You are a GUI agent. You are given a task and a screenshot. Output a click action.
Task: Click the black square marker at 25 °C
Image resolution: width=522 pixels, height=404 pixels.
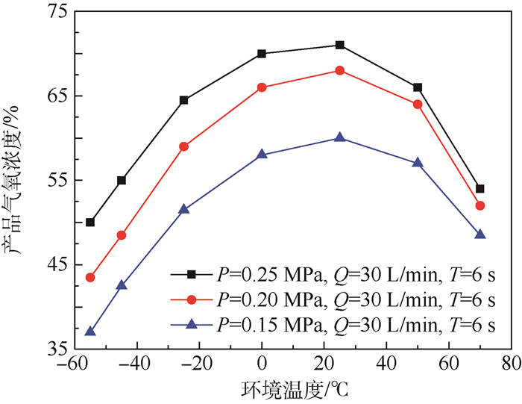(x=340, y=46)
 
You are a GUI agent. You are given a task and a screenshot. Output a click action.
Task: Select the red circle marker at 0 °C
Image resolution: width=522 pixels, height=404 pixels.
(x=262, y=87)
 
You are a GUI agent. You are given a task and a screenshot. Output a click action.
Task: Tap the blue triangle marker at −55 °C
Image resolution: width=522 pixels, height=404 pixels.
(x=90, y=331)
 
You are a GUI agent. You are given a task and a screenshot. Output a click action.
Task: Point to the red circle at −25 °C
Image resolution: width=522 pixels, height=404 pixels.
(x=184, y=146)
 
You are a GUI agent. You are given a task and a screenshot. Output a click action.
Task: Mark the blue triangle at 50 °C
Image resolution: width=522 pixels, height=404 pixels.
(x=418, y=162)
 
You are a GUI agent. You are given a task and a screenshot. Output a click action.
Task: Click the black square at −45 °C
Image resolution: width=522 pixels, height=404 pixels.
(x=122, y=180)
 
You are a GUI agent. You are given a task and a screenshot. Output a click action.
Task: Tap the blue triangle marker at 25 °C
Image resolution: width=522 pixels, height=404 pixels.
(x=340, y=137)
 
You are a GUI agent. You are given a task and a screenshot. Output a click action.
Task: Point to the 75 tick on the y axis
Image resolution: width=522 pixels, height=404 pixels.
(x=54, y=11)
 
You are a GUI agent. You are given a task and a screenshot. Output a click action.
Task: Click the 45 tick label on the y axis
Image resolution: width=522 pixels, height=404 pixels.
(x=54, y=264)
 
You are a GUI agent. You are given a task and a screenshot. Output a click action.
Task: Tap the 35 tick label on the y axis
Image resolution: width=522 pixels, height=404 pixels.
(x=54, y=349)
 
